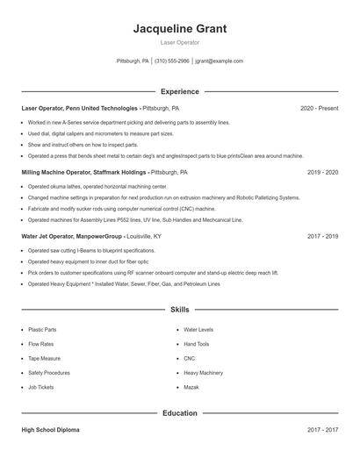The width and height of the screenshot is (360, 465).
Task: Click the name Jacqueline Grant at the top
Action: (x=179, y=29)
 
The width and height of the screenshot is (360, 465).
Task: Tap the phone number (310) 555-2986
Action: (x=172, y=61)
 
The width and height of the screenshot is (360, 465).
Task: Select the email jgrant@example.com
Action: (x=220, y=61)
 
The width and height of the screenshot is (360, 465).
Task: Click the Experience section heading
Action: (x=179, y=91)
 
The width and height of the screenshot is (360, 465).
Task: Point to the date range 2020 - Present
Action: (x=319, y=108)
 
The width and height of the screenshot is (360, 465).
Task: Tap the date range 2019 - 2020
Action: (x=322, y=173)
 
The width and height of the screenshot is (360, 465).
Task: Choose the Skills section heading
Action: (x=179, y=310)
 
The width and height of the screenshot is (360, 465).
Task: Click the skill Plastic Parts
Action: (x=42, y=330)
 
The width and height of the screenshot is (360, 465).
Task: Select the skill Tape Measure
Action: (x=44, y=358)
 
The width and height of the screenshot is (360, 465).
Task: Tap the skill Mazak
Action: (x=191, y=387)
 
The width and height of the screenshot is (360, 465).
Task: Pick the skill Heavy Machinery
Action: (x=204, y=373)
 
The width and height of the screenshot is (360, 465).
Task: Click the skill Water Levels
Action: (x=198, y=330)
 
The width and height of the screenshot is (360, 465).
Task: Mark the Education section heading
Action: (x=179, y=413)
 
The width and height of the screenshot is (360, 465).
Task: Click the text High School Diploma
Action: (x=50, y=430)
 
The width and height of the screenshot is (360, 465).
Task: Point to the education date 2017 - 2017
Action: (x=322, y=430)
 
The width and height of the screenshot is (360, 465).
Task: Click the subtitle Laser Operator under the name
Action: (x=179, y=42)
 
